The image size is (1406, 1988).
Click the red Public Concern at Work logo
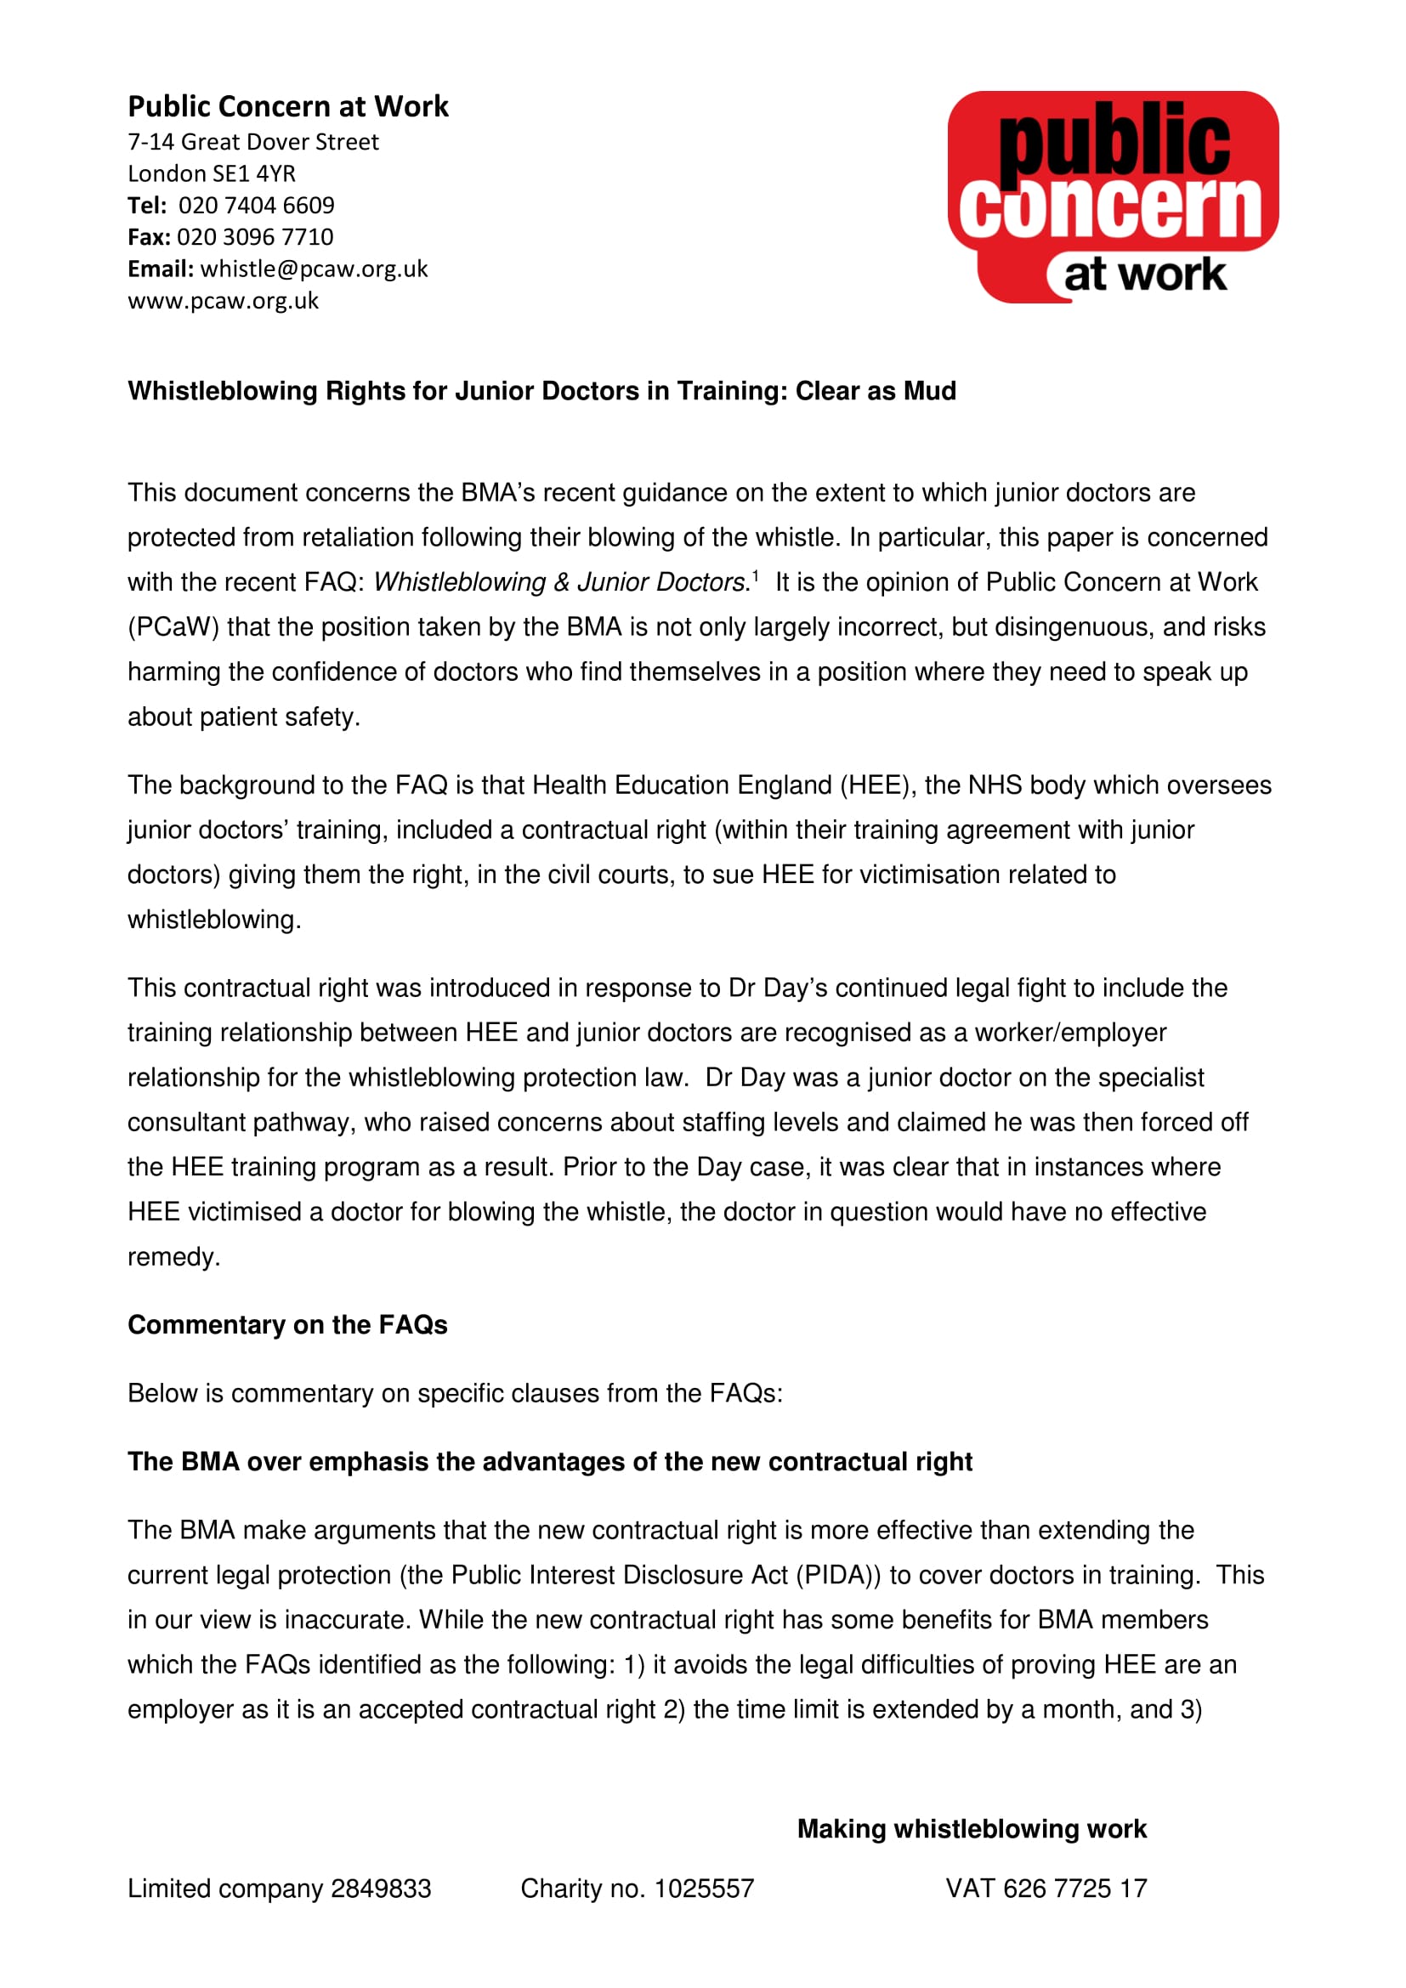1113,196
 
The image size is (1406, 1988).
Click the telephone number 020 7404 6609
256,205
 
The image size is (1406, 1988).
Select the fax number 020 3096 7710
254,236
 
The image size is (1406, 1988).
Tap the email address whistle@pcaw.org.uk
315,269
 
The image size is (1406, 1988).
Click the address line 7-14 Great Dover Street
252,141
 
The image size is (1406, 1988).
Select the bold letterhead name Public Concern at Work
288,106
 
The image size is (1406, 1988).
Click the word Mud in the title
930,390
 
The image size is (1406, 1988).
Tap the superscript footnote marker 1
756,574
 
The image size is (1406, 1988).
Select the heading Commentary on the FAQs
287,1325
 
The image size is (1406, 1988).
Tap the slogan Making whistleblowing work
972,1829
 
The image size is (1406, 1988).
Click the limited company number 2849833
381,1889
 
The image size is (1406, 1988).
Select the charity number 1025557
704,1889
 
